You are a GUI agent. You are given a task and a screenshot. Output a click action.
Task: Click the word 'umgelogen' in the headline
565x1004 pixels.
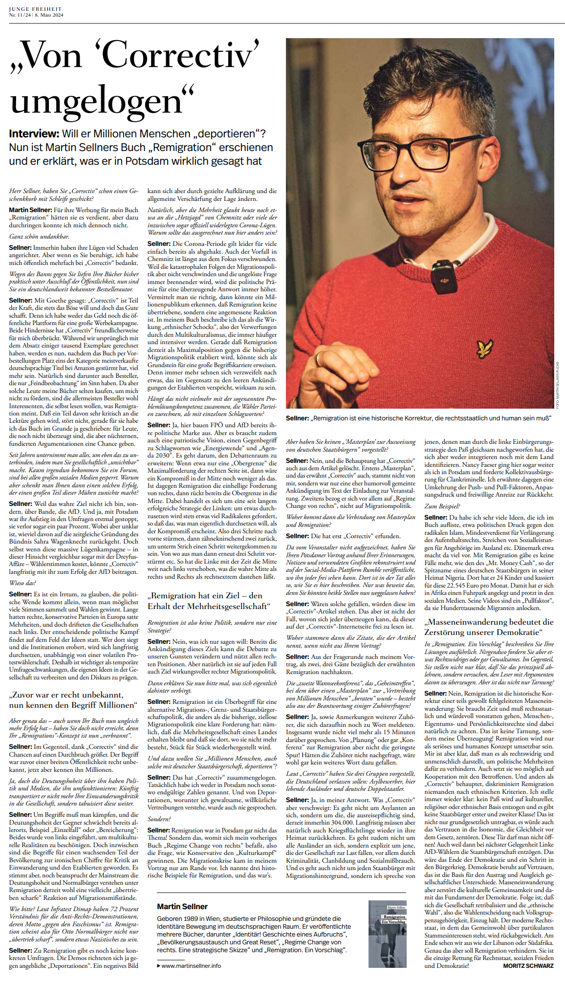[x=98, y=102]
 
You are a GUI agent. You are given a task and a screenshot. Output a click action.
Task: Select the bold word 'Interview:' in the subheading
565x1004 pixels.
[x=33, y=134]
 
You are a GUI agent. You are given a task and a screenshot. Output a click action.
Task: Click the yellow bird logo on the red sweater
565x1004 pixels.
[x=484, y=349]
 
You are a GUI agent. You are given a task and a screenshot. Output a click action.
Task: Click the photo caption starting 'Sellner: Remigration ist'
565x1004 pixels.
[x=418, y=418]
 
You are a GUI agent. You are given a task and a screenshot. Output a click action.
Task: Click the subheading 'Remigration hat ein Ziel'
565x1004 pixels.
[x=209, y=601]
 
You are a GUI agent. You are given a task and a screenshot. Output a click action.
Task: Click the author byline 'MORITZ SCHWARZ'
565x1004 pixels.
[x=528, y=965]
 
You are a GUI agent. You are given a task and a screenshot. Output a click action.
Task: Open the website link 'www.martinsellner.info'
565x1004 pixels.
[x=191, y=965]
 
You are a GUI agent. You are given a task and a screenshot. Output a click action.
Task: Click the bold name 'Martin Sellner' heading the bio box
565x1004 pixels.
[x=182, y=906]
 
